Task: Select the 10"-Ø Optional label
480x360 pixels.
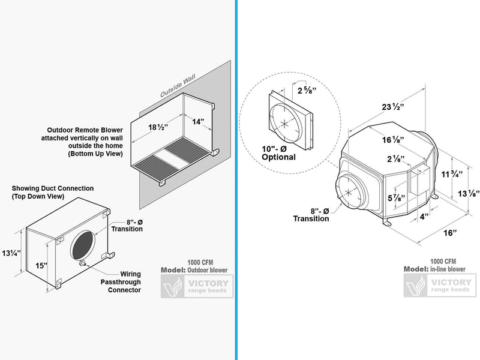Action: pyautogui.click(x=279, y=153)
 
